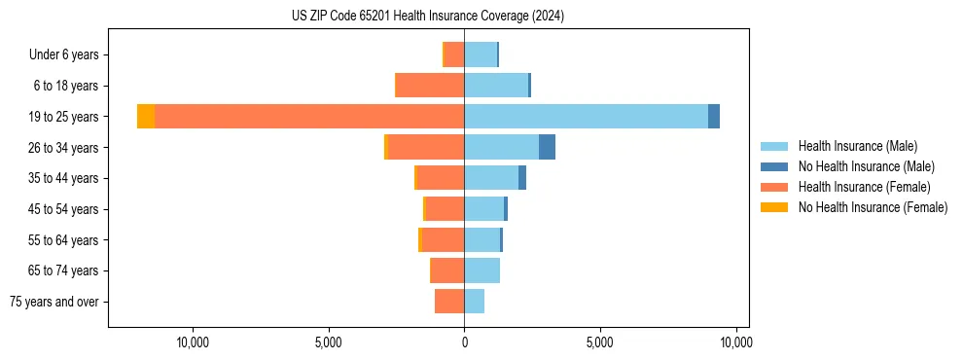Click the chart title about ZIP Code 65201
(x=427, y=16)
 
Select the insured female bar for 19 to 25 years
(x=309, y=117)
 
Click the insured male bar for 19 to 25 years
(x=586, y=117)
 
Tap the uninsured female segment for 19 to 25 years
(x=146, y=117)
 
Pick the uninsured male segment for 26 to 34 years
(x=547, y=148)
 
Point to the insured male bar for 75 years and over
(x=474, y=302)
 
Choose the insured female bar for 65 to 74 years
(x=446, y=270)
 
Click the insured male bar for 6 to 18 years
(x=496, y=86)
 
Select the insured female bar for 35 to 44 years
(x=441, y=178)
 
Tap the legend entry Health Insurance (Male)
(x=857, y=146)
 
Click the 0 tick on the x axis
(x=464, y=342)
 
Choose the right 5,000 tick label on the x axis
(x=600, y=342)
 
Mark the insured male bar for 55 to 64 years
(x=481, y=240)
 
